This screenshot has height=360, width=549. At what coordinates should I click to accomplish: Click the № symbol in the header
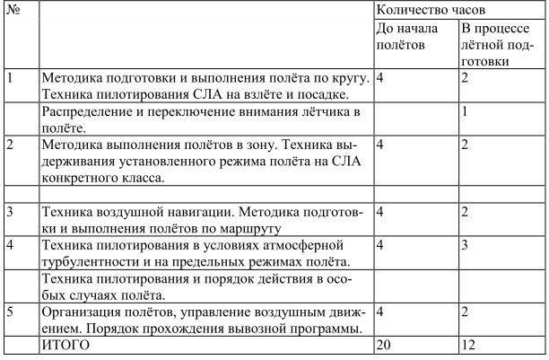tap(11, 10)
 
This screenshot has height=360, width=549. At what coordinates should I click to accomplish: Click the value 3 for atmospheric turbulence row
tap(464, 244)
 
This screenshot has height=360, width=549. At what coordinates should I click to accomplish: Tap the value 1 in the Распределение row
tap(464, 112)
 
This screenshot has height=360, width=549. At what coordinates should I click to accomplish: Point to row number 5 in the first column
tap(10, 312)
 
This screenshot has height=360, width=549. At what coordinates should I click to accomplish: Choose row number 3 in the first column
tap(10, 212)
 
